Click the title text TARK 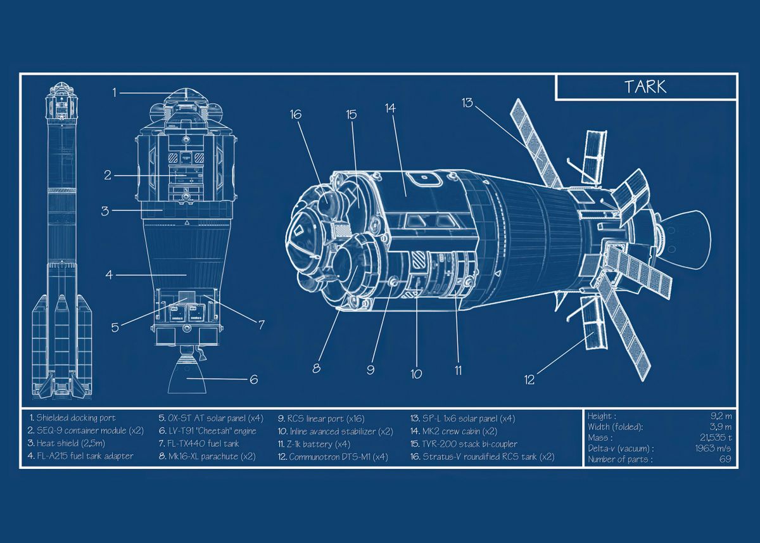coord(645,87)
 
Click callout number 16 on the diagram coord(295,115)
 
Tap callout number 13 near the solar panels coord(467,103)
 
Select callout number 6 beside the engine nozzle coord(253,380)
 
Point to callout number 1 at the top coord(115,93)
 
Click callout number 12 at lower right coord(529,380)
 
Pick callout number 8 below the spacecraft coord(316,367)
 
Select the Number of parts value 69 coord(725,459)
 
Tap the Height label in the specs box coord(600,416)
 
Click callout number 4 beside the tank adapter coord(109,275)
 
